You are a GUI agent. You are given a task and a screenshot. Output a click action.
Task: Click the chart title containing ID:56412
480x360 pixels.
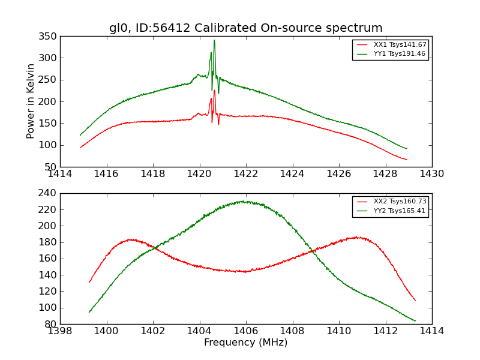pyautogui.click(x=245, y=28)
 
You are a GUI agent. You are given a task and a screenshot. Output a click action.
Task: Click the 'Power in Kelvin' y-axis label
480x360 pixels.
pyautogui.click(x=31, y=101)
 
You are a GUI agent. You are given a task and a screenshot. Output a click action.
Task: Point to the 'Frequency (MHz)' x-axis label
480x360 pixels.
pyautogui.click(x=245, y=343)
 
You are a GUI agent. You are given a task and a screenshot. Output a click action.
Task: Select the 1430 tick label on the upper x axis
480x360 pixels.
pyautogui.click(x=431, y=174)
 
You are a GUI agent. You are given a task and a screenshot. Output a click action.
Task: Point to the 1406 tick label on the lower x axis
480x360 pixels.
pyautogui.click(x=245, y=331)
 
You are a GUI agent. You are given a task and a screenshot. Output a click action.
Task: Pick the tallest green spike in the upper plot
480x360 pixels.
pyautogui.click(x=214, y=41)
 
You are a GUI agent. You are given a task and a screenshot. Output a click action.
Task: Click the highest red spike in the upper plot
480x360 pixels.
pyautogui.click(x=214, y=91)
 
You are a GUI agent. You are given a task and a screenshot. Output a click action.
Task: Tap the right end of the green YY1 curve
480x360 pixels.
pyautogui.click(x=406, y=148)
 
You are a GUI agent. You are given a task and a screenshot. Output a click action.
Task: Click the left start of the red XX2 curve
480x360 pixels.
pyautogui.click(x=89, y=282)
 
